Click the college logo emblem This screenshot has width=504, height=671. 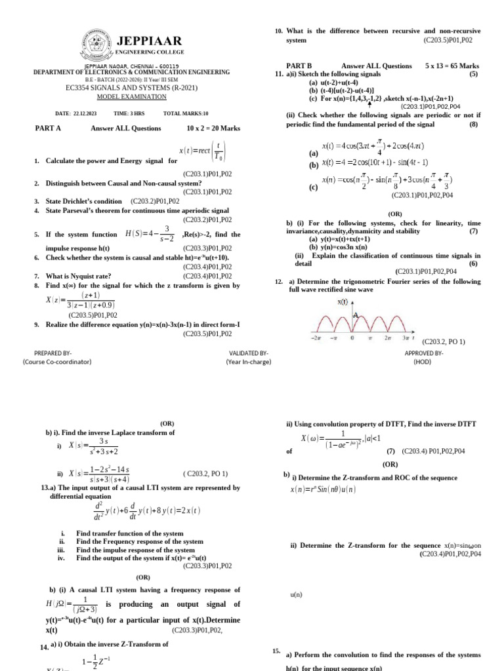[96, 44]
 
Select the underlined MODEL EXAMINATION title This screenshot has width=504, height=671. [132, 96]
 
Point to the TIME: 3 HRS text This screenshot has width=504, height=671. [130, 113]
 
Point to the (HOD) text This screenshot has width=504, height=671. [422, 361]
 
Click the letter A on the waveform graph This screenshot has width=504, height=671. [356, 315]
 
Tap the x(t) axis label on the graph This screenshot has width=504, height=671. [342, 302]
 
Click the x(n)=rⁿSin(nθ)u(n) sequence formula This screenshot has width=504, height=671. [323, 489]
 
